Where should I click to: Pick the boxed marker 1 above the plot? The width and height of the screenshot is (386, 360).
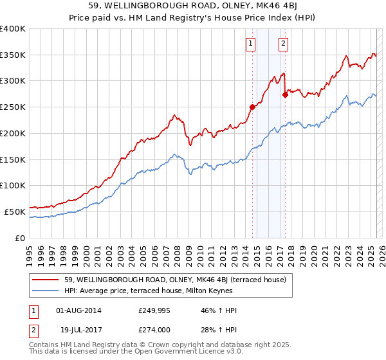(x=250, y=44)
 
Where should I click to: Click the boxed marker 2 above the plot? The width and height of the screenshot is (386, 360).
(x=283, y=44)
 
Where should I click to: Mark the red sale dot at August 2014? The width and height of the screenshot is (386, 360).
(x=252, y=107)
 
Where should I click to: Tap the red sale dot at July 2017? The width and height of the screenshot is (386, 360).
(x=285, y=94)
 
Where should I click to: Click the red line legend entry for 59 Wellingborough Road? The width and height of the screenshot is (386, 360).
(x=179, y=279)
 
